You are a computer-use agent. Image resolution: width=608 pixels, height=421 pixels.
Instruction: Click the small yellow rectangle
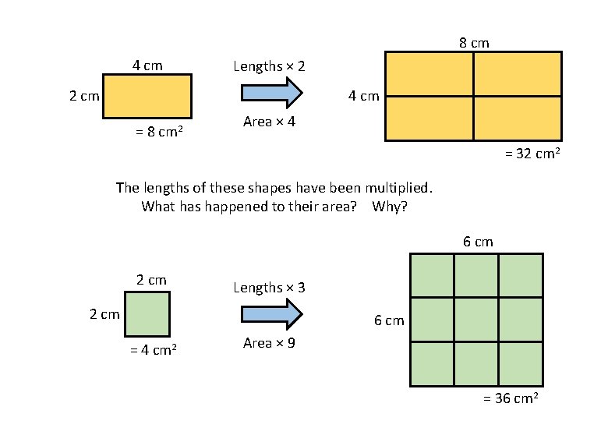pyautogui.click(x=147, y=96)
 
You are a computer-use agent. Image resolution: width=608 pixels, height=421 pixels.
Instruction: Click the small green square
pyautogui.click(x=147, y=314)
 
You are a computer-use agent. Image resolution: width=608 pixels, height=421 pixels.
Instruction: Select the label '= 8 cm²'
pyautogui.click(x=159, y=132)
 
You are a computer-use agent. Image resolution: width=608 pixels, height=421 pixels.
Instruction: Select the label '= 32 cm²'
pyautogui.click(x=529, y=154)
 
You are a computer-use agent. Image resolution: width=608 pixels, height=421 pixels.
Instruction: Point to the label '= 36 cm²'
pyautogui.click(x=511, y=398)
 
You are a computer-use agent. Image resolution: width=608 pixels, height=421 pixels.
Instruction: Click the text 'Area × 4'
pyautogui.click(x=269, y=122)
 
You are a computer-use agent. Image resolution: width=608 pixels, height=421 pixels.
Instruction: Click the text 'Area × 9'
pyautogui.click(x=269, y=342)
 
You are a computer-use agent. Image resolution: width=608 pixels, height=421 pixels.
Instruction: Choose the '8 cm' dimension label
pyautogui.click(x=474, y=43)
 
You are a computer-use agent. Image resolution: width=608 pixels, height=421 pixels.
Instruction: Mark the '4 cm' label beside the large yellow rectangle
pyautogui.click(x=363, y=97)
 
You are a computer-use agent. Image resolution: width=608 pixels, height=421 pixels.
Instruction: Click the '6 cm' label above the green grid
pyautogui.click(x=478, y=242)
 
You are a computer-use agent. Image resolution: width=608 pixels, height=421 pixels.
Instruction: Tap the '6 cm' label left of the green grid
pyautogui.click(x=389, y=320)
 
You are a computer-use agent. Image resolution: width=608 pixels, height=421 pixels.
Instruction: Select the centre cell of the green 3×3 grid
pyautogui.click(x=476, y=320)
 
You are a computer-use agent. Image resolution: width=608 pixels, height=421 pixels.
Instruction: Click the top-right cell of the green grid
pyautogui.click(x=521, y=275)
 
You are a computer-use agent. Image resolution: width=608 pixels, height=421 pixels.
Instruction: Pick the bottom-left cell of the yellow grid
pyautogui.click(x=429, y=118)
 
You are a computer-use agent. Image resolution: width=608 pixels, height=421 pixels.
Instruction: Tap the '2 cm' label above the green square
pyautogui.click(x=151, y=280)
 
